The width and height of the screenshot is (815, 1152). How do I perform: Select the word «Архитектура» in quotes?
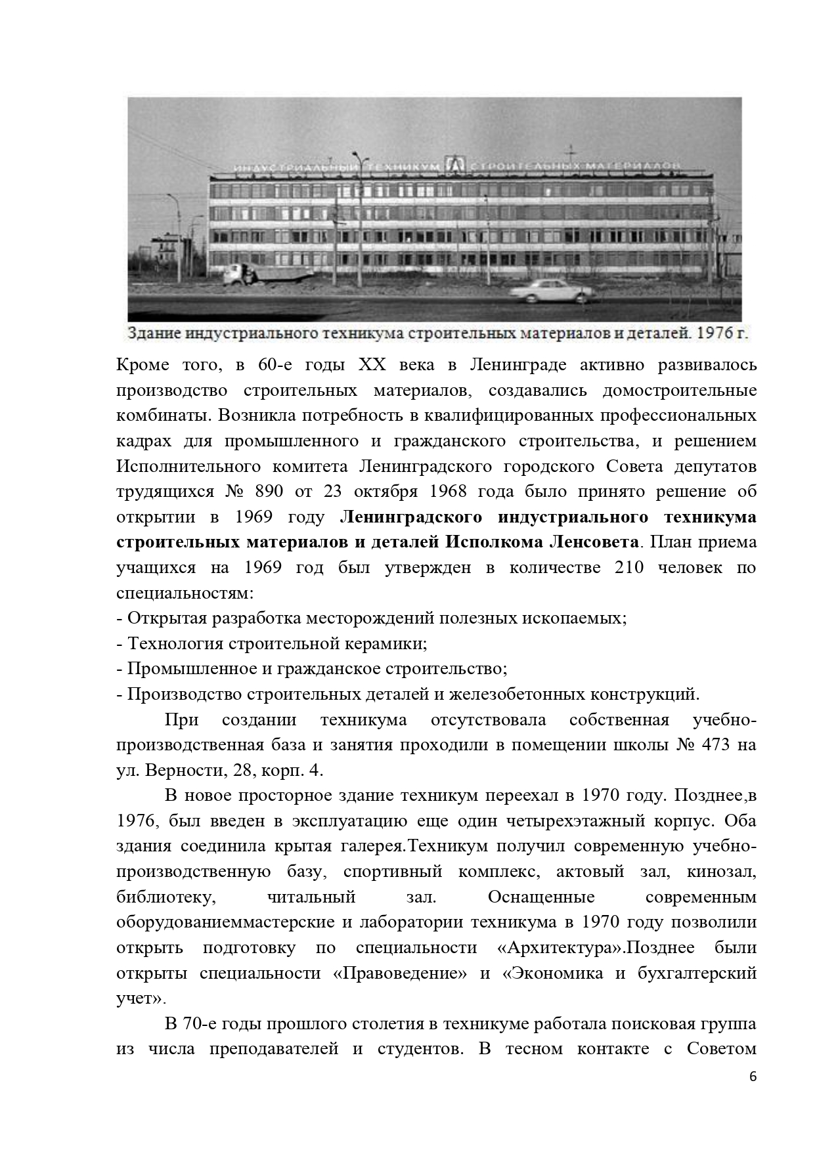click(552, 948)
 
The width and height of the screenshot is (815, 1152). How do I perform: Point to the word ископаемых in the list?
click(578, 618)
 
